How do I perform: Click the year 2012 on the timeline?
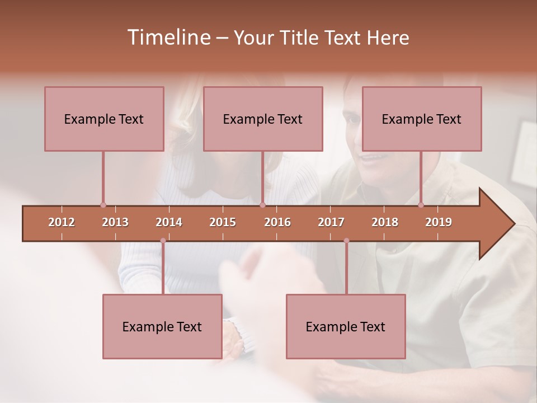[62, 222]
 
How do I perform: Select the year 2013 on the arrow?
[115, 222]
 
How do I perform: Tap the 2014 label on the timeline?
[169, 222]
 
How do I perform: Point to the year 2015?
[223, 222]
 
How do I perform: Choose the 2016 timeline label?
[277, 222]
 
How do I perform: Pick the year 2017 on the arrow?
[331, 222]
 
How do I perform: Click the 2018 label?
[385, 222]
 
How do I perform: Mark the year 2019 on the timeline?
[439, 222]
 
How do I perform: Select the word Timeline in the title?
[168, 38]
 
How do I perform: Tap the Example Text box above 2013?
[104, 119]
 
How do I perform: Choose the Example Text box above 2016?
[263, 119]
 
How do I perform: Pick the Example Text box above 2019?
[422, 119]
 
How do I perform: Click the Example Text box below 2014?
[162, 326]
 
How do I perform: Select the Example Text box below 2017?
[346, 326]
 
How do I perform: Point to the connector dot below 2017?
[346, 241]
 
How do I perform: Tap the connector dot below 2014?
[163, 241]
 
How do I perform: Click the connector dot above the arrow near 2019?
[421, 205]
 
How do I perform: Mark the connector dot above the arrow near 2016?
[262, 205]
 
